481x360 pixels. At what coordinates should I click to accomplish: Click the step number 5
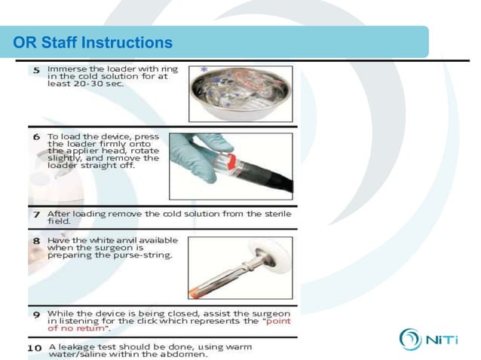pyautogui.click(x=35, y=70)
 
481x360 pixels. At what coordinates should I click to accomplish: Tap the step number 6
pyautogui.click(x=36, y=138)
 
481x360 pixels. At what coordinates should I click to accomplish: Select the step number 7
pyautogui.click(x=35, y=215)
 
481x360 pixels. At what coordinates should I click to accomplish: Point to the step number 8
pyautogui.click(x=35, y=241)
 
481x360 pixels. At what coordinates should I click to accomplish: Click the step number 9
pyautogui.click(x=35, y=313)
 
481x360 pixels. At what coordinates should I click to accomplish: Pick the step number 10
pyautogui.click(x=35, y=347)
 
